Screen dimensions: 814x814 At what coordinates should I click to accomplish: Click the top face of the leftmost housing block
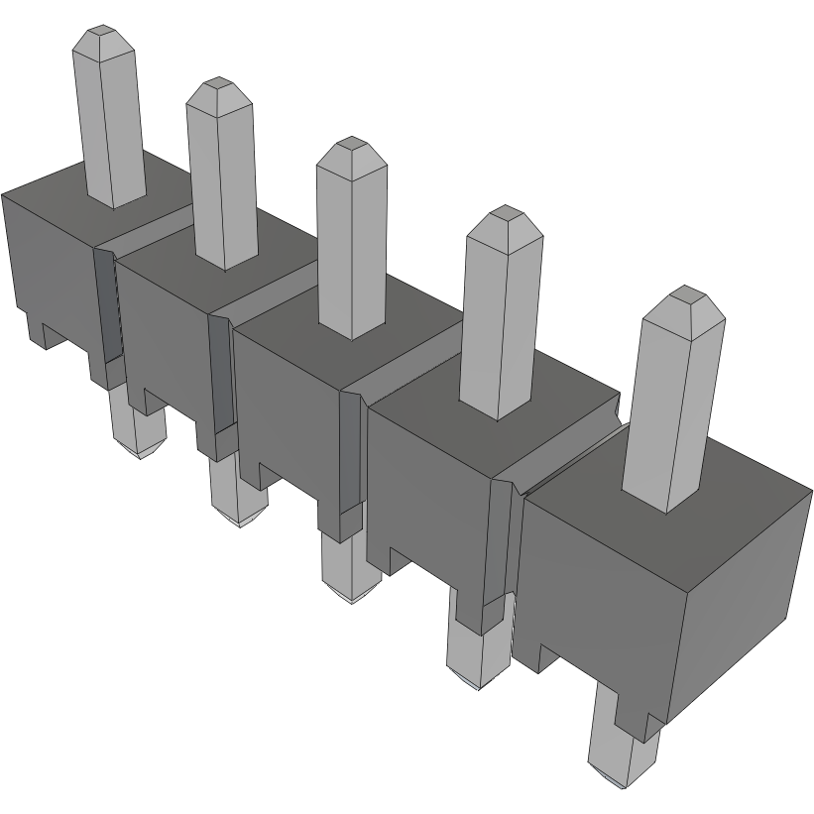59,188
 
